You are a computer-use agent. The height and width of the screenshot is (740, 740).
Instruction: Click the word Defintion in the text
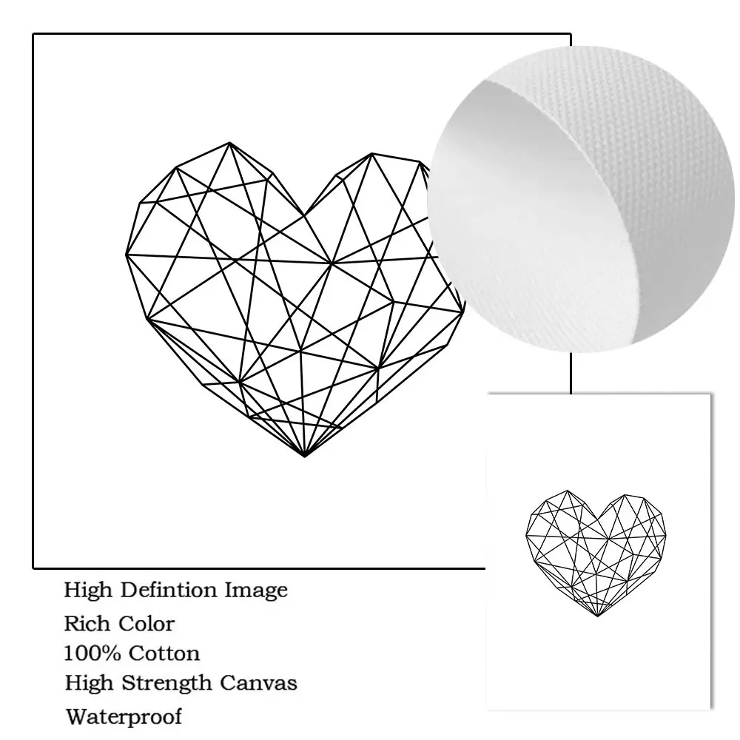[x=160, y=591]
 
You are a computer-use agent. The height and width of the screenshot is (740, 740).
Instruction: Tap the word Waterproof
[x=123, y=716]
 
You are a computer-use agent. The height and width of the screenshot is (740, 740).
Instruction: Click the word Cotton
[x=164, y=653]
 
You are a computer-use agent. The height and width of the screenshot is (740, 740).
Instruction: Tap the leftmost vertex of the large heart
[x=127, y=255]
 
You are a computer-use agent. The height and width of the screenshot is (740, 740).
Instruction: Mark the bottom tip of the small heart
[x=597, y=616]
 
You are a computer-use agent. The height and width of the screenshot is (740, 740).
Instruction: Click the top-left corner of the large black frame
[x=34, y=35]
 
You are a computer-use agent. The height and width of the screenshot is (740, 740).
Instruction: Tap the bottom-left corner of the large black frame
[x=34, y=567]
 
